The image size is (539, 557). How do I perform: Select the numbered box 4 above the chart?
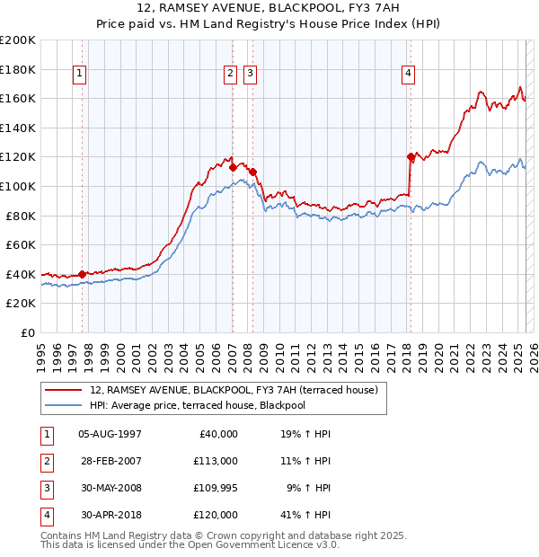pyautogui.click(x=408, y=74)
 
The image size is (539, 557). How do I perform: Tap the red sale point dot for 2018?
pyautogui.click(x=411, y=157)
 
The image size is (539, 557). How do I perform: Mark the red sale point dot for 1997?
pyautogui.click(x=82, y=274)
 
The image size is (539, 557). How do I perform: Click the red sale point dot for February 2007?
pyautogui.click(x=233, y=166)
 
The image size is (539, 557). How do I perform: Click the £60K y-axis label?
pyautogui.click(x=20, y=244)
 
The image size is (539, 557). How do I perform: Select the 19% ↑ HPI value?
pyautogui.click(x=306, y=434)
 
